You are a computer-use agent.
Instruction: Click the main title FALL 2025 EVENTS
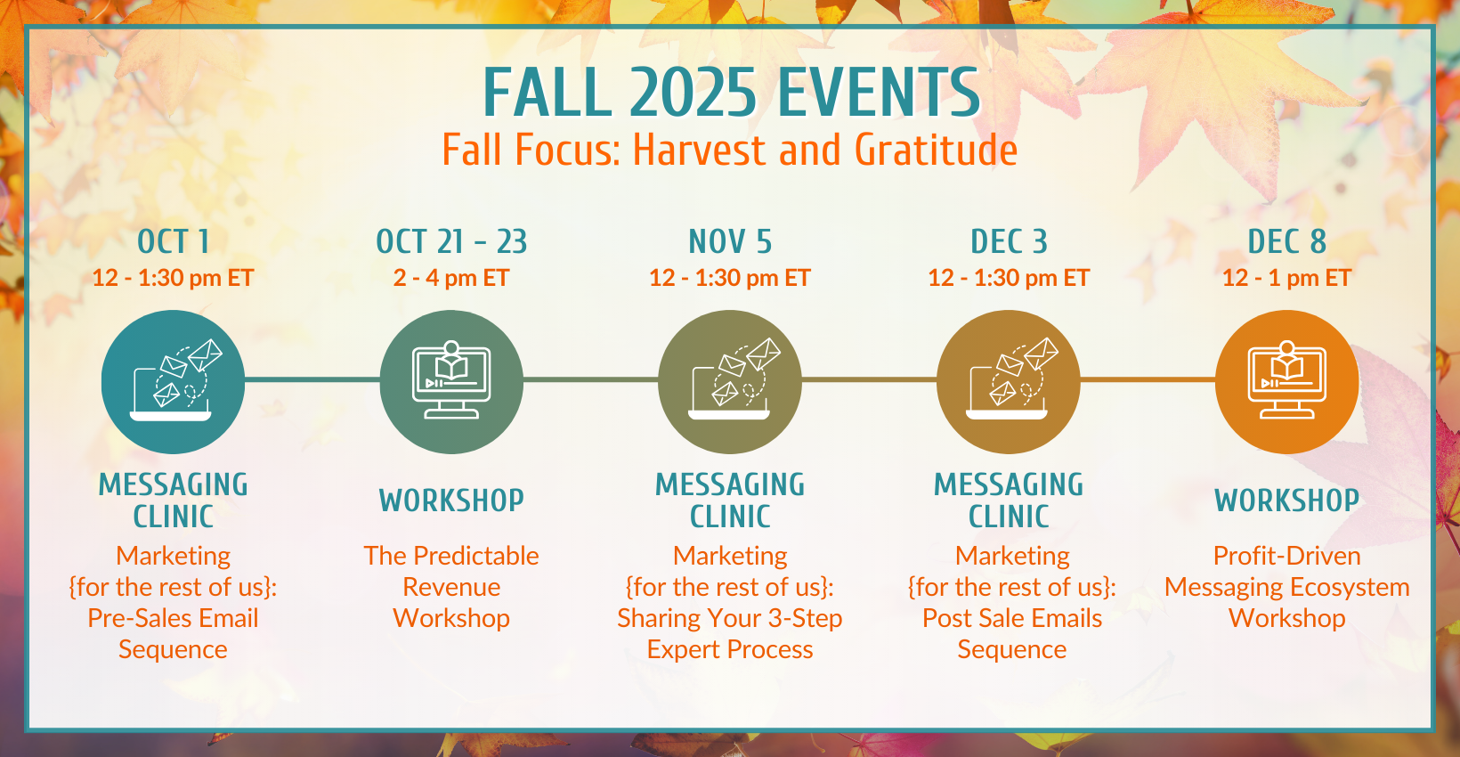(731, 92)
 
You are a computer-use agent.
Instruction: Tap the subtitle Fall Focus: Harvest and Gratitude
(730, 150)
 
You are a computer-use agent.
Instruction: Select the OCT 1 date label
(174, 242)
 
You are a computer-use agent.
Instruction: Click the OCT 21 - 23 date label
(451, 242)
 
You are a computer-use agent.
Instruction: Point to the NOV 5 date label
(730, 242)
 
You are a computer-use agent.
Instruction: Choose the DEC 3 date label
(1009, 242)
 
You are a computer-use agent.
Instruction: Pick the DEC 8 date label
(1287, 242)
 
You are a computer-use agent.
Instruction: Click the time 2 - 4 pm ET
(451, 279)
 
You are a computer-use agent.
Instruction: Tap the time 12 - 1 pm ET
(1286, 279)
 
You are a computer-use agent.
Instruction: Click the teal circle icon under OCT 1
(174, 382)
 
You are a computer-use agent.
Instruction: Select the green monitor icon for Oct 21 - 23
(451, 382)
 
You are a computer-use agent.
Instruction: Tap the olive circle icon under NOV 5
(730, 382)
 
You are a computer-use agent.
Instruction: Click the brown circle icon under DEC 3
(1009, 382)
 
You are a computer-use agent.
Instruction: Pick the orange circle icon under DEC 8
(1287, 382)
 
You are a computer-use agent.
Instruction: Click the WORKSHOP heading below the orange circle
(1287, 501)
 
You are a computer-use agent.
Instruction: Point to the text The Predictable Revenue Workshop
(451, 587)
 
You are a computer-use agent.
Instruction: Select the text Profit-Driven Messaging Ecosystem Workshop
(1287, 587)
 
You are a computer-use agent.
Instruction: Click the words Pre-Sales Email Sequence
(174, 634)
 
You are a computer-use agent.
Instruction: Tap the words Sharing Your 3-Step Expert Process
(730, 634)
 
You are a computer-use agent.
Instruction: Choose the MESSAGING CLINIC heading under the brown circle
(1009, 501)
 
